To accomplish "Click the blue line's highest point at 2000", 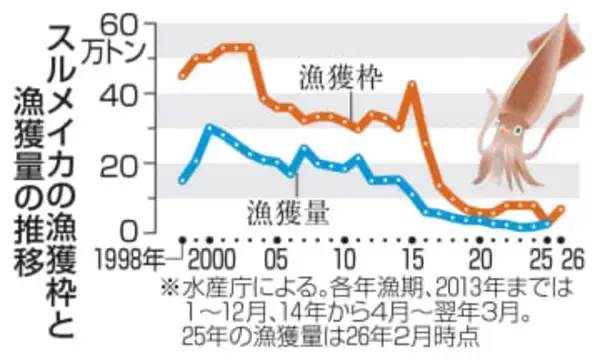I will [x=210, y=128].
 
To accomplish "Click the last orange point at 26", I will [x=562, y=209].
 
